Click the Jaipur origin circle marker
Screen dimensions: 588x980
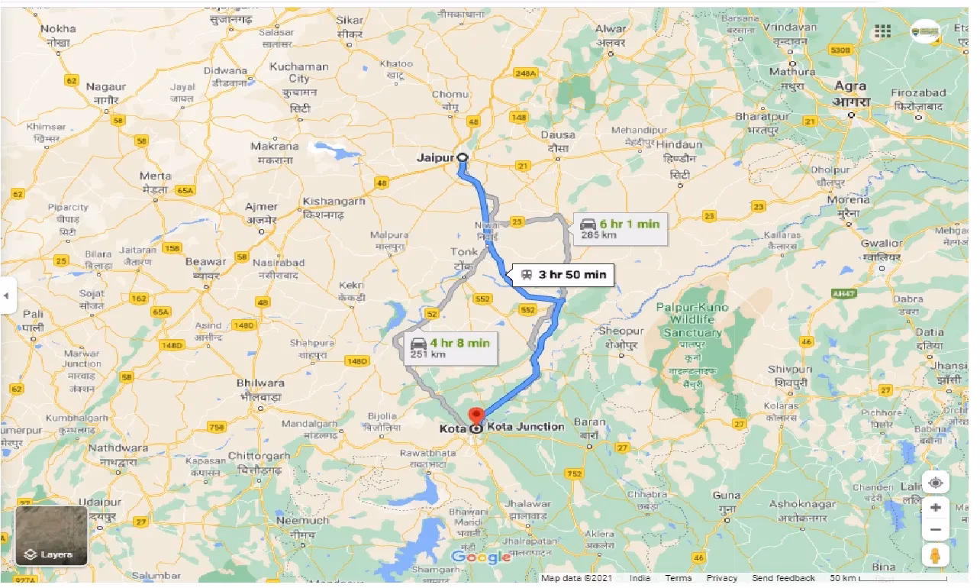click(463, 157)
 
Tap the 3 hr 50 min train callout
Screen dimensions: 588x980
click(565, 275)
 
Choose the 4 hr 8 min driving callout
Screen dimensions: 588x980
click(450, 348)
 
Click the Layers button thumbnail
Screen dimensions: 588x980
click(51, 536)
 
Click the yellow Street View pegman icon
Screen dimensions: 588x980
click(935, 555)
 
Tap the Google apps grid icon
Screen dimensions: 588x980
click(883, 31)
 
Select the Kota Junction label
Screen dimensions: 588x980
click(525, 427)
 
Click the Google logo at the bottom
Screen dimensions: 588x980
click(481, 557)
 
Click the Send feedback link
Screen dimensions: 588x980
click(783, 578)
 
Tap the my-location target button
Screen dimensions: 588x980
click(935, 483)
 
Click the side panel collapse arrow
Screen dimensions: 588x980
click(7, 295)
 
